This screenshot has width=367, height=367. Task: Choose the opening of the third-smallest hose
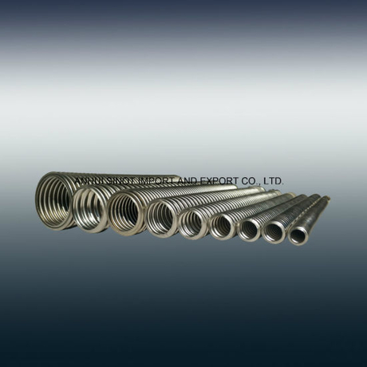click(250, 229)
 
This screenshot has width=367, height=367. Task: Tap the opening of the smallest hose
click(300, 235)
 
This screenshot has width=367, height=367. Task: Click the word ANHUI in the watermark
click(88, 182)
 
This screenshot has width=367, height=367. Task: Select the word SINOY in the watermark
click(120, 182)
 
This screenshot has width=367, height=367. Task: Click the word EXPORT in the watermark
click(219, 182)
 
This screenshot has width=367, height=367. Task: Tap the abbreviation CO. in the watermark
click(251, 182)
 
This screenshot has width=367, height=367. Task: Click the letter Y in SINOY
click(133, 182)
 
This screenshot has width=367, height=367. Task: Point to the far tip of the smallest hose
click(326, 198)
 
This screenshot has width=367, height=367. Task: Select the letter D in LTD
click(278, 182)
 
